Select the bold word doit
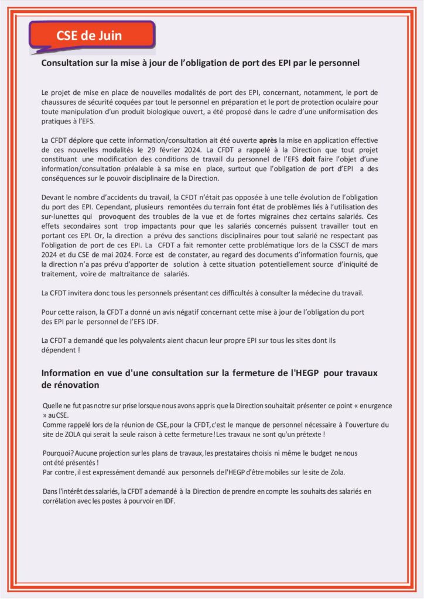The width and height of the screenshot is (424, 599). click(x=308, y=158)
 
